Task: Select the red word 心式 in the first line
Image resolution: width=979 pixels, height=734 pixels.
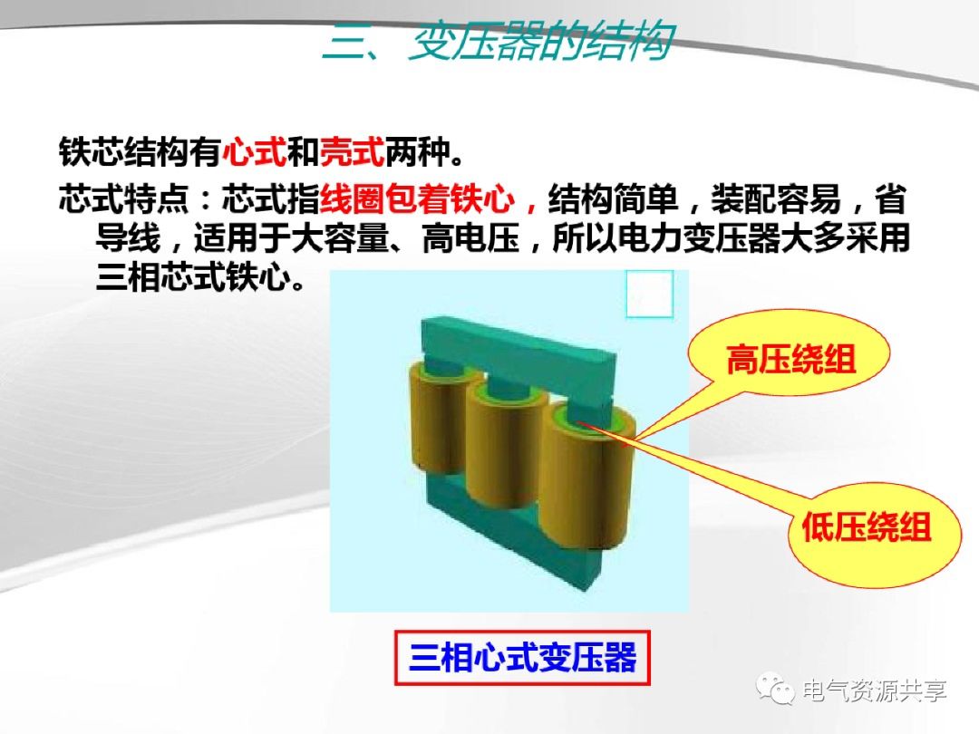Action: [x=253, y=151]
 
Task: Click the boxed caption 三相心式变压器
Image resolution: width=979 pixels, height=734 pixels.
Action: [x=522, y=658]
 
